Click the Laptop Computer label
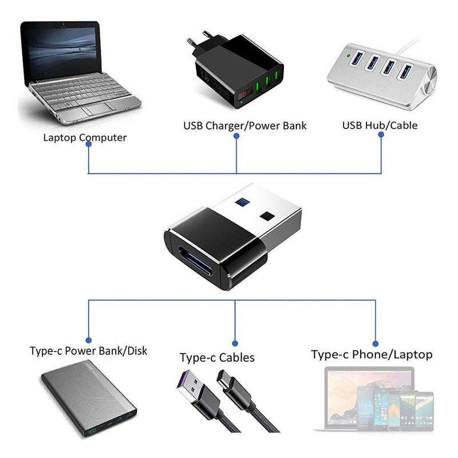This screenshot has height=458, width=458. pos(85,137)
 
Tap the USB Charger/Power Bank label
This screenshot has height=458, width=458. pos(245,125)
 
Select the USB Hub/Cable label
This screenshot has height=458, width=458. pos(380,125)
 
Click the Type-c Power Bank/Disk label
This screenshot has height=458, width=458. pos(88,350)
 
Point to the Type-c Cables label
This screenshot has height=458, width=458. pos(217,358)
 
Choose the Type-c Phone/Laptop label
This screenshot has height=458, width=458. pos(372,354)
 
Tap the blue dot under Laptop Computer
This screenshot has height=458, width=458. pos(88,144)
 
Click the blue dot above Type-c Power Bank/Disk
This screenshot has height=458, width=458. pos(88,339)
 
